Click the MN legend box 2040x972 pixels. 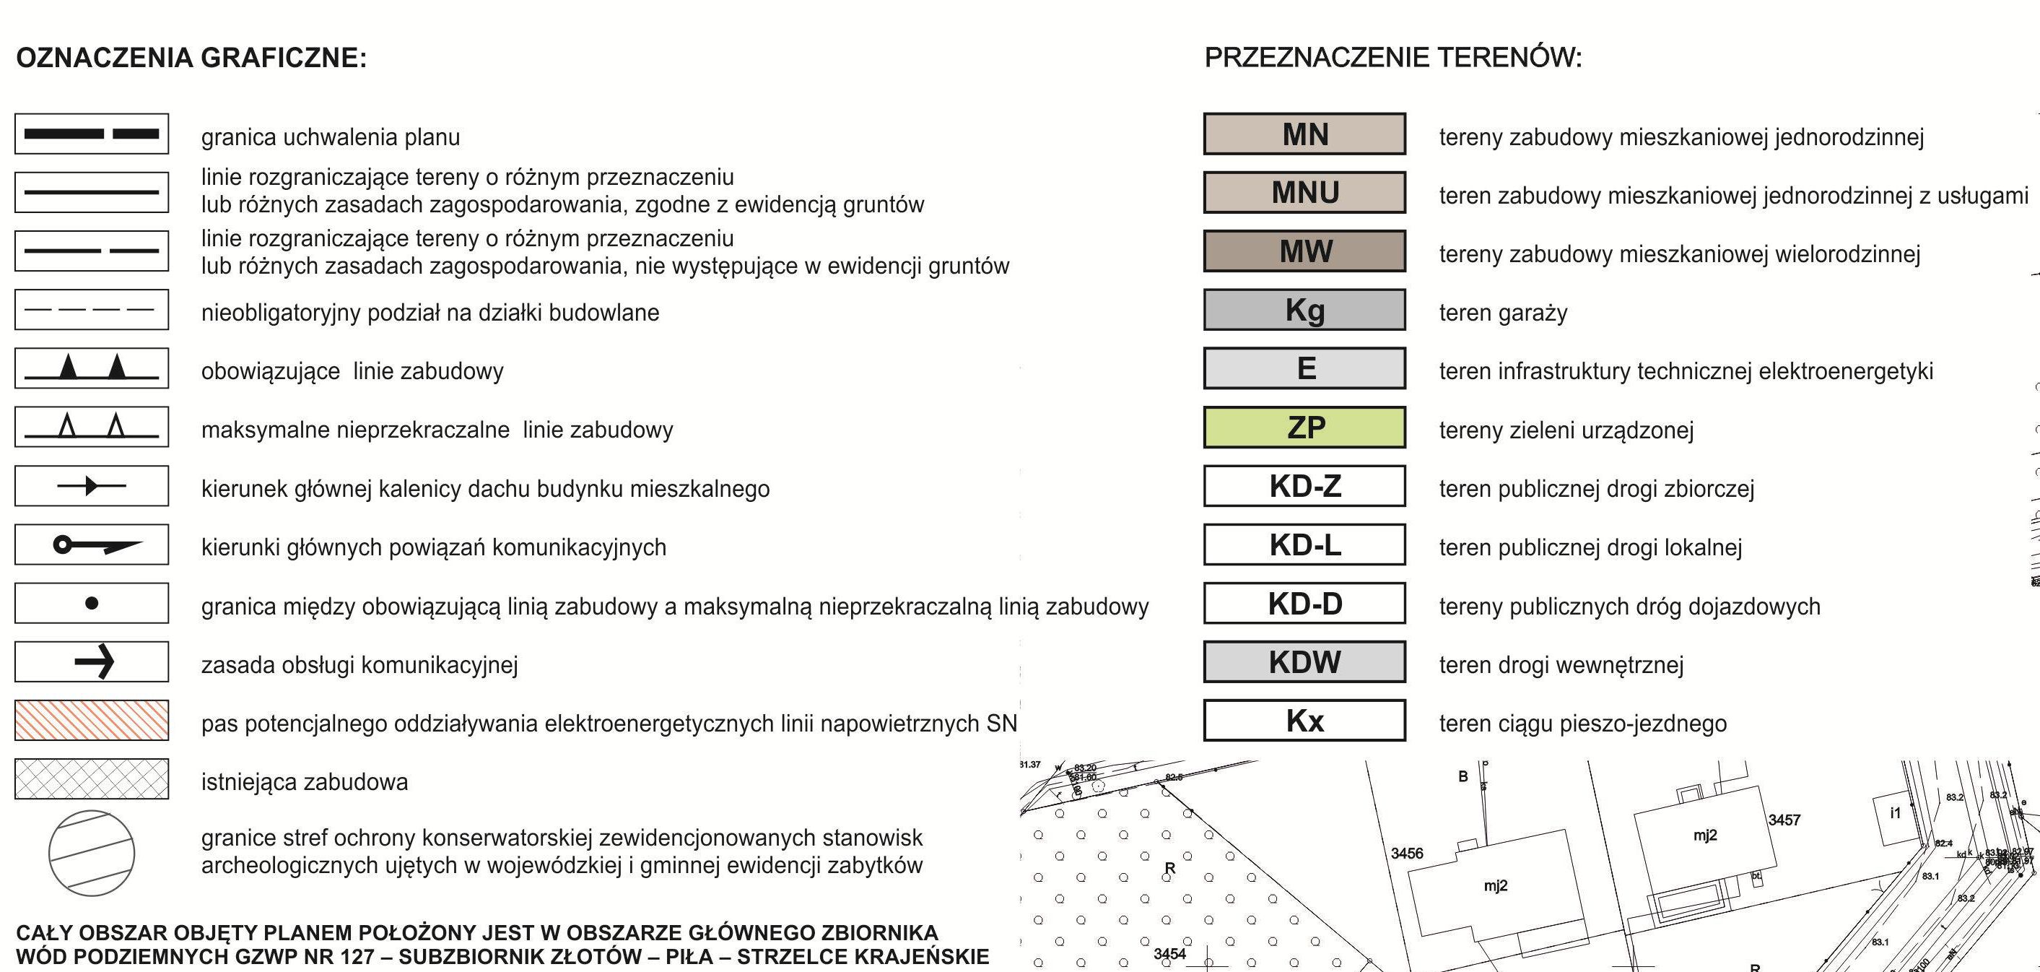[x=1304, y=134]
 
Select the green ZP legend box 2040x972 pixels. [x=1304, y=427]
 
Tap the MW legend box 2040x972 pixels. [x=1304, y=251]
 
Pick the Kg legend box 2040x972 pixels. [x=1304, y=310]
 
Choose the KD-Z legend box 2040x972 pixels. [x=1304, y=485]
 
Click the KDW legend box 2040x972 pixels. [x=1304, y=661]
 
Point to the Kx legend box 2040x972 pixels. [x=1304, y=720]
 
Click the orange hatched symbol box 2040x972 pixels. [x=92, y=720]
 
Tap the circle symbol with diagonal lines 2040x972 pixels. [x=92, y=852]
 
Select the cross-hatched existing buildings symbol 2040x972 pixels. [x=92, y=778]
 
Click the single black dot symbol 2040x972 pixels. [x=92, y=604]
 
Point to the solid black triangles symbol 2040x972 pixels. [x=92, y=368]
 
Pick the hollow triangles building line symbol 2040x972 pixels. [x=92, y=427]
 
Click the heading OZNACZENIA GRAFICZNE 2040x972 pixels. [x=191, y=58]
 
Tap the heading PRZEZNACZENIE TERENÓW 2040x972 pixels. [x=1393, y=58]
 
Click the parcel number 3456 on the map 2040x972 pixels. [x=1407, y=853]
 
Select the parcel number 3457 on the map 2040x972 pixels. [x=1785, y=820]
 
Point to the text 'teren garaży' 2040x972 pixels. [x=1503, y=313]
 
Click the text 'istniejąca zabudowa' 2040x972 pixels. [x=304, y=782]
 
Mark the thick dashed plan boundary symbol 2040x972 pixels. [x=92, y=134]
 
